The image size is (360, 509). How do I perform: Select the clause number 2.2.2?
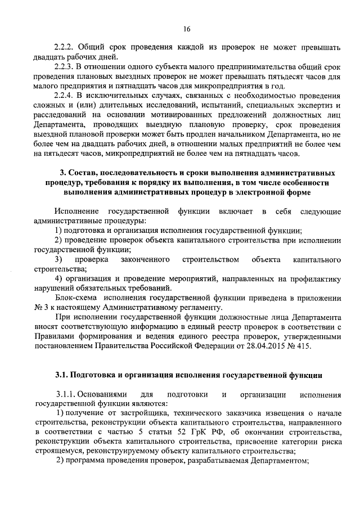[64, 47]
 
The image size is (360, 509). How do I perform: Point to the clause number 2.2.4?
[64, 96]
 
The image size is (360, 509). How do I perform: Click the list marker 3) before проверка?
[58, 259]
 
